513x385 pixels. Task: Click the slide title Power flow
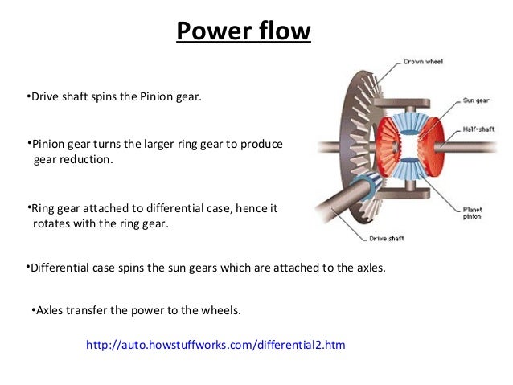[243, 31]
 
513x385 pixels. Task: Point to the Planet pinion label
[474, 211]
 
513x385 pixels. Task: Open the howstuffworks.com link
[215, 346]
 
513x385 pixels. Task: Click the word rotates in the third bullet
[52, 224]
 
